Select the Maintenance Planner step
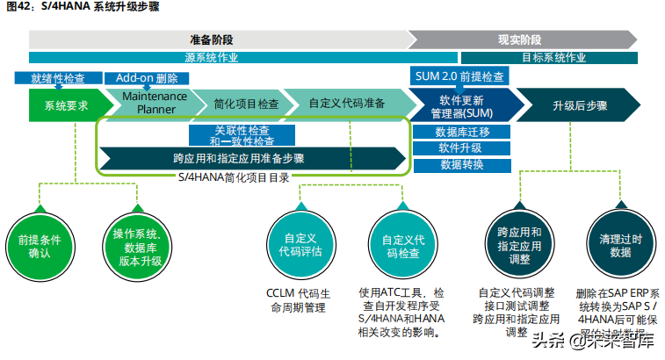[155, 103]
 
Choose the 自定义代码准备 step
[347, 103]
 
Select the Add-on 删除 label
[141, 77]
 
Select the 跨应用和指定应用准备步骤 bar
[251, 159]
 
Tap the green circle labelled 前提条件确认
[40, 244]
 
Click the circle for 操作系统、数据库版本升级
[134, 244]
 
